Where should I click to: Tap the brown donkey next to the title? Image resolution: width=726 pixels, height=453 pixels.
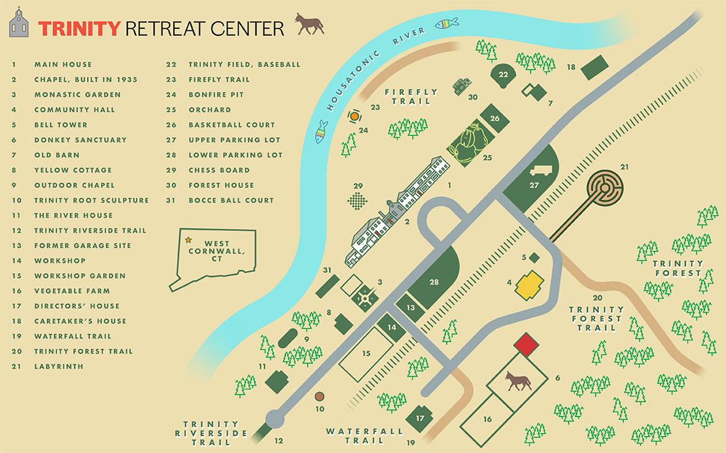309,24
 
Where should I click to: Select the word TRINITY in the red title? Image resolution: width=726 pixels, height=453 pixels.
79,28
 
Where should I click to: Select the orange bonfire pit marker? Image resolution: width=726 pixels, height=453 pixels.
355,116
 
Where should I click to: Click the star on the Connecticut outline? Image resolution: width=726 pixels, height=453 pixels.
188,240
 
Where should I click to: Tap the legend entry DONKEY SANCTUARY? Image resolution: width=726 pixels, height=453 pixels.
80,140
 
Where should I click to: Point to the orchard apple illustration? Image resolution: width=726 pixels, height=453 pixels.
469,144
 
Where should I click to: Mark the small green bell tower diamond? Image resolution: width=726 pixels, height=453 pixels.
534,257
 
